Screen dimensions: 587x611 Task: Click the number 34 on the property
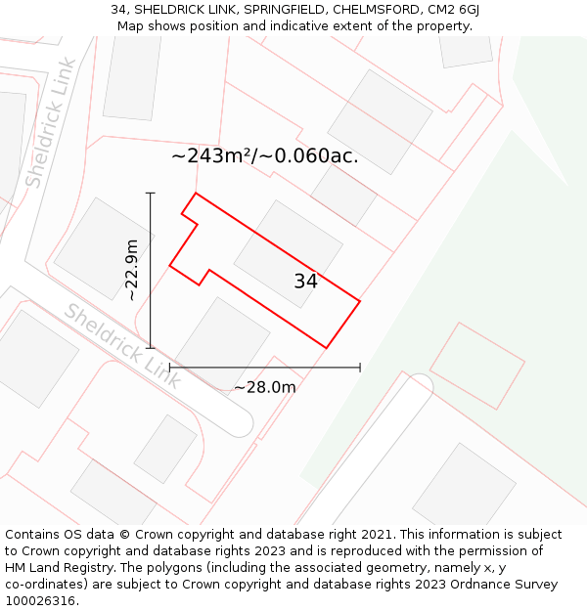(x=305, y=282)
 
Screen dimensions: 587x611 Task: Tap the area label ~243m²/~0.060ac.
(x=265, y=156)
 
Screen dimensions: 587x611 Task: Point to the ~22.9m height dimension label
(x=131, y=270)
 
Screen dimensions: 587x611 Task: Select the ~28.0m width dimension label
(x=264, y=387)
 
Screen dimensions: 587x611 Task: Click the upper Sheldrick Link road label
(x=50, y=123)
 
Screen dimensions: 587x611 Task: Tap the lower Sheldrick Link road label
(x=122, y=346)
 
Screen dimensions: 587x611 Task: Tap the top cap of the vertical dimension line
(x=151, y=194)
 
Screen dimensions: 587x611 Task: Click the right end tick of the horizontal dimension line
(x=360, y=368)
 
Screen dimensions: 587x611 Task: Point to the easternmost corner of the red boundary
(x=360, y=301)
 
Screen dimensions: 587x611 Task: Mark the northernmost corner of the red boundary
(x=197, y=194)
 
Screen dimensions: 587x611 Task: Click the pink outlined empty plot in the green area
(x=476, y=366)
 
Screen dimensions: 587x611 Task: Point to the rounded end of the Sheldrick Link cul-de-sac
(x=239, y=423)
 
